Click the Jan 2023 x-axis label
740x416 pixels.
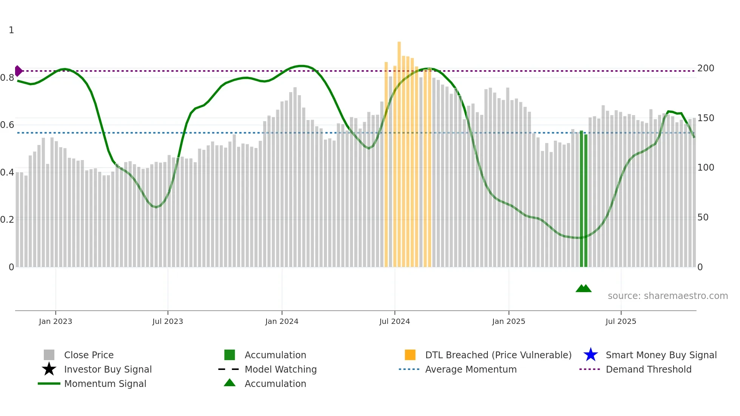coord(55,321)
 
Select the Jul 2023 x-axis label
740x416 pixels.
coord(168,321)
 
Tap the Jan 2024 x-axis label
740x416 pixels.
coord(282,321)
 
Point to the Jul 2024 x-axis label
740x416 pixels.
coord(395,321)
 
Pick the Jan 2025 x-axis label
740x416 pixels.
coord(509,321)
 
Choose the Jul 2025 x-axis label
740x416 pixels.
coord(621,321)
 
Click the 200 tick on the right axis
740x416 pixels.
coord(706,68)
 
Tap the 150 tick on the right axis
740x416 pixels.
coord(706,118)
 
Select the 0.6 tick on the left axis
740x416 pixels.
coord(7,125)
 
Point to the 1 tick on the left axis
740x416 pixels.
coord(11,30)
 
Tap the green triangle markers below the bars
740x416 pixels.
coord(583,288)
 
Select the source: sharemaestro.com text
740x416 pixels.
coord(668,296)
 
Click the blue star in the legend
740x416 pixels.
coord(590,355)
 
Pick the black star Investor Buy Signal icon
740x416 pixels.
coord(49,369)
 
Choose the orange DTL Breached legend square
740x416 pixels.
coord(410,355)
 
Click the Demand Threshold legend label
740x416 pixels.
coord(649,369)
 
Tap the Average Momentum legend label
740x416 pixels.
coord(471,369)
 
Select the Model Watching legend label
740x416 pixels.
coord(281,369)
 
